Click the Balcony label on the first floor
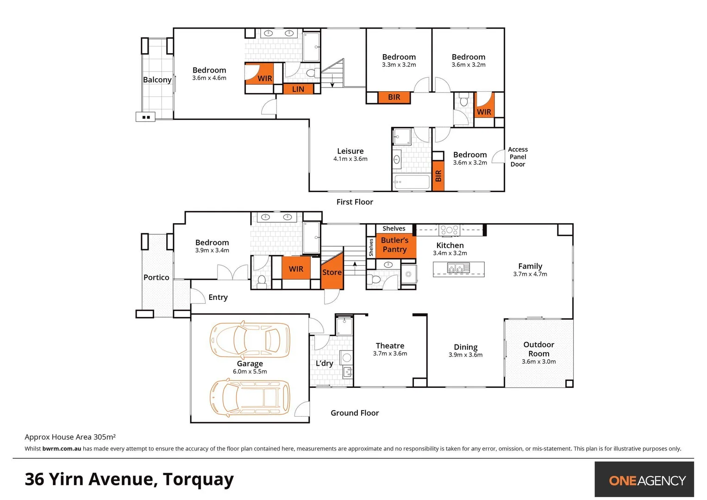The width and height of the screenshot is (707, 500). click(157, 80)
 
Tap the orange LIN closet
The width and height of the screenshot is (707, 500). click(298, 89)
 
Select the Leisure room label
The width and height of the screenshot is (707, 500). click(350, 151)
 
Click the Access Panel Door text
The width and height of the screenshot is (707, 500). click(518, 156)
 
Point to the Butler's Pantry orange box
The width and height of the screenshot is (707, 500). click(394, 245)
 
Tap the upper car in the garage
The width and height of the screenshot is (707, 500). click(250, 340)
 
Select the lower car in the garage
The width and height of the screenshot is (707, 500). click(250, 398)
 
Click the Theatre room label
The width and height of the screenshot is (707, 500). click(390, 346)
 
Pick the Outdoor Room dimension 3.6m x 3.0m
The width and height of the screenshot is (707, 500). click(538, 362)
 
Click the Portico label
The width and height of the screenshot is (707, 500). click(156, 277)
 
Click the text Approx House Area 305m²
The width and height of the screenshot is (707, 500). click(70, 437)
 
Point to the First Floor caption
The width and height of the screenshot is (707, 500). click(355, 202)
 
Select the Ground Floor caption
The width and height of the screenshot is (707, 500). click(355, 413)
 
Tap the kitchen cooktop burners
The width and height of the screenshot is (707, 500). click(449, 229)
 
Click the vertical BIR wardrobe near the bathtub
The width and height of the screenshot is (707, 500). click(438, 176)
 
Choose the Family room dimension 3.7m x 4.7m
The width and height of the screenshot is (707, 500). click(530, 274)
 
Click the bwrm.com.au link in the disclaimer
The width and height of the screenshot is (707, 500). click(62, 449)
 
